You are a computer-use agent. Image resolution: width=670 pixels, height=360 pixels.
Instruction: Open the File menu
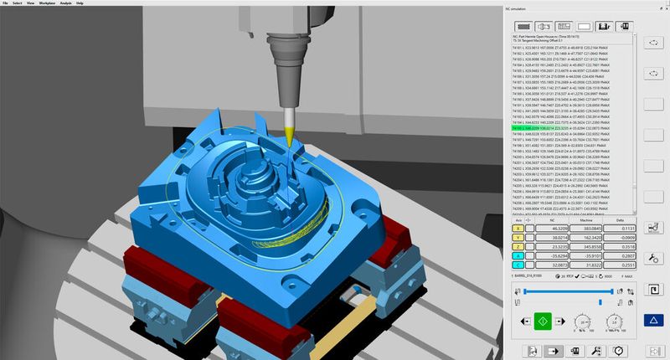6,3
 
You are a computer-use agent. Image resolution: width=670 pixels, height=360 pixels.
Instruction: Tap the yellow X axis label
518,227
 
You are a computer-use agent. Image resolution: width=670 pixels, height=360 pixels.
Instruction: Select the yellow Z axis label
518,246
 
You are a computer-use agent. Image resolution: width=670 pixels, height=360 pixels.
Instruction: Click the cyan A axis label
518,256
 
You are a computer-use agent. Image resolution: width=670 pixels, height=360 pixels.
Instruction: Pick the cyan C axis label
518,266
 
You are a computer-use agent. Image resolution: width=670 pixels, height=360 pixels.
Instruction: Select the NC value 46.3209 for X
554,227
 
